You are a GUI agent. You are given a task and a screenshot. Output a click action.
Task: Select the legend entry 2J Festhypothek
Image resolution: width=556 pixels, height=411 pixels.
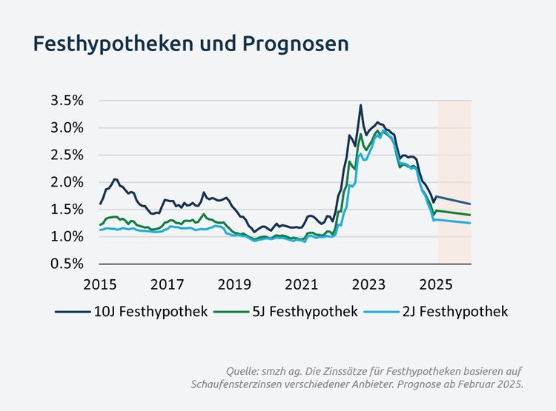tap(454, 312)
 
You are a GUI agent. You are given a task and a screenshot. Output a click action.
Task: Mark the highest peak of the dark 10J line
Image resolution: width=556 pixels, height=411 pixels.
tap(360, 105)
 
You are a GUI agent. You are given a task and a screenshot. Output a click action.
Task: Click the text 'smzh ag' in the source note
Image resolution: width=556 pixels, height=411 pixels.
tap(288, 370)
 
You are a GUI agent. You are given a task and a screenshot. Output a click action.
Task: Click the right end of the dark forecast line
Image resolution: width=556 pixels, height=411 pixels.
tap(471, 204)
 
